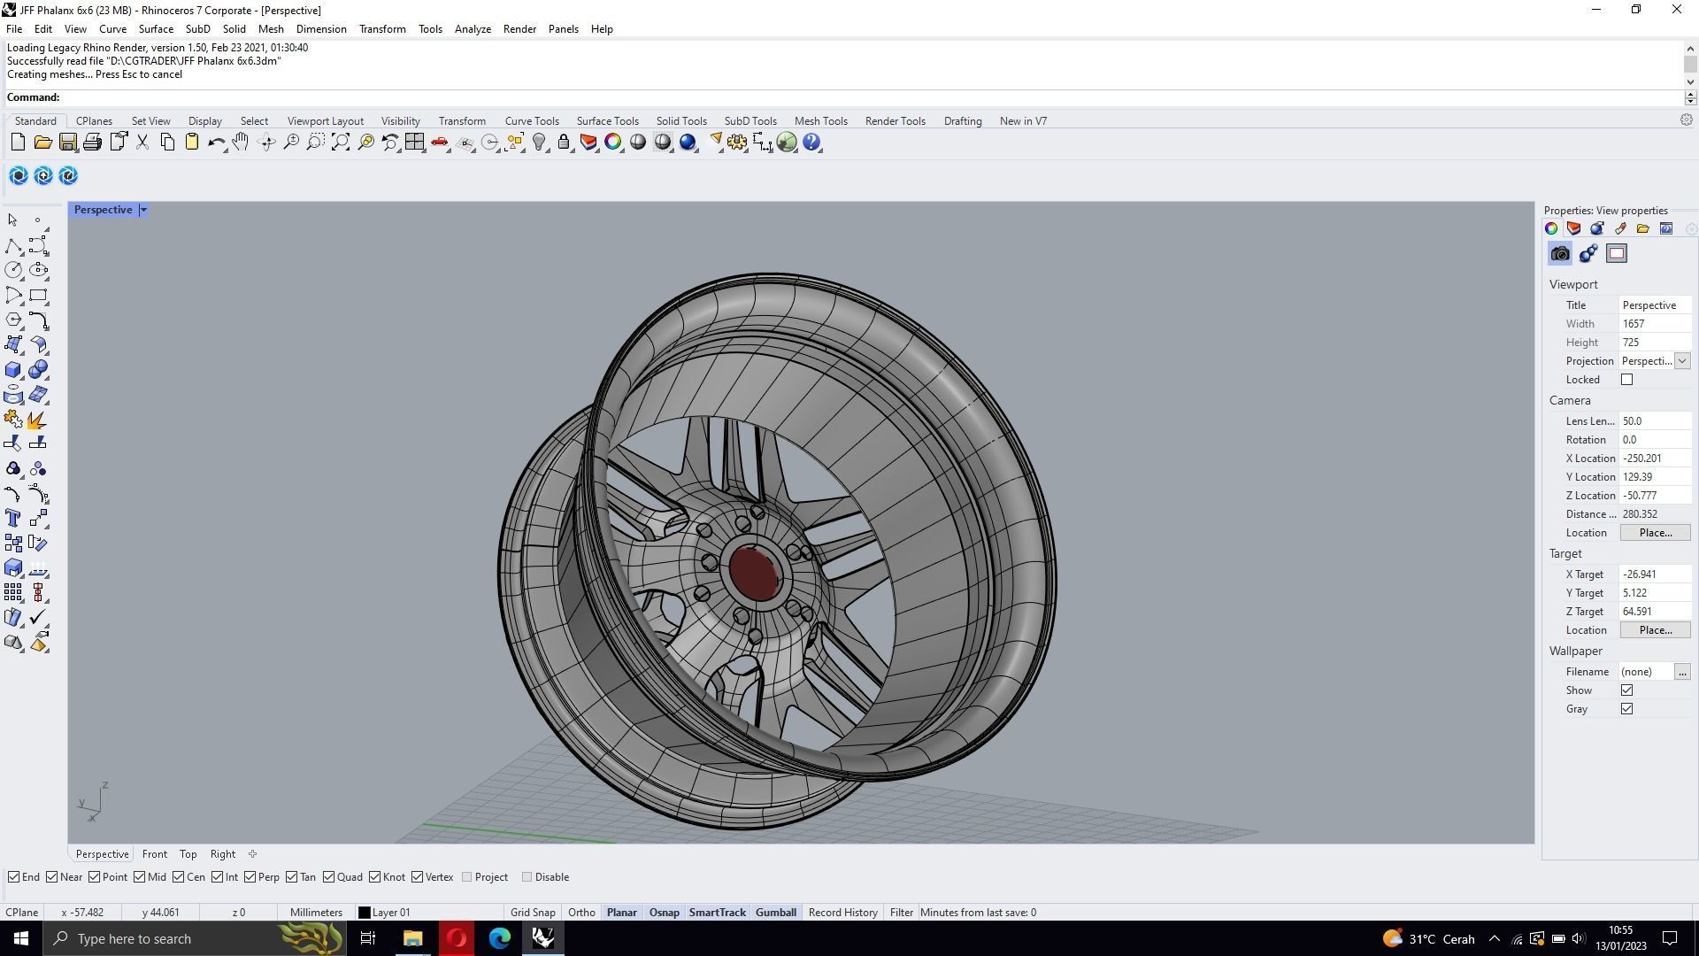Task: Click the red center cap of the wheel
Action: [754, 572]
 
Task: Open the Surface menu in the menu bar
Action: [156, 29]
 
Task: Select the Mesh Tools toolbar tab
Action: [820, 121]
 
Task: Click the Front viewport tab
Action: [154, 854]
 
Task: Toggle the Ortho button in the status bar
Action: [581, 913]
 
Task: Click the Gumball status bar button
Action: [775, 913]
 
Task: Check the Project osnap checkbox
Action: [467, 877]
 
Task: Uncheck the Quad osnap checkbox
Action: [329, 877]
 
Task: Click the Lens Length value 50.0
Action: [1653, 421]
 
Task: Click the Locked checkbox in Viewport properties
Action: [1626, 380]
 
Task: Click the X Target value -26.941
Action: [1653, 574]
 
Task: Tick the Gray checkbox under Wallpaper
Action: [1626, 709]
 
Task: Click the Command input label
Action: [34, 97]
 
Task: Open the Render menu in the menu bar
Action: [519, 29]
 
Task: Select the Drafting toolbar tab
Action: [962, 121]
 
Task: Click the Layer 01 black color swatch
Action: [364, 913]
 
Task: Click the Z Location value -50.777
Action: [1653, 496]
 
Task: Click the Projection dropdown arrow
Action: [1681, 361]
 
